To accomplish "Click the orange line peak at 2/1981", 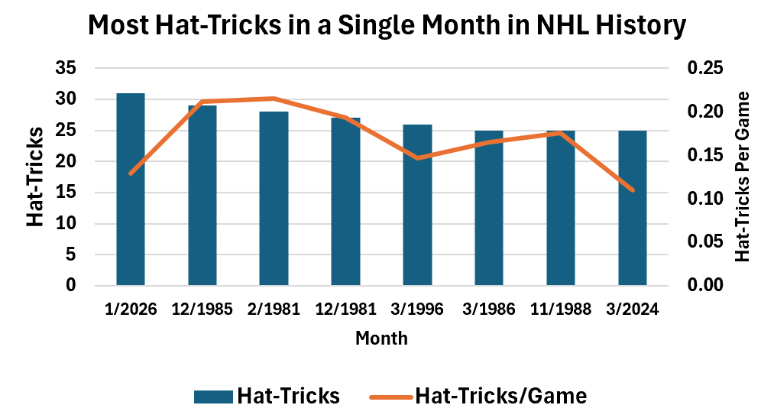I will point(274,99).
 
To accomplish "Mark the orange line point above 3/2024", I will point(633,190).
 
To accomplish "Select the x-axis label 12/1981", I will point(345,309).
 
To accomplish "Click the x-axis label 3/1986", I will point(489,309).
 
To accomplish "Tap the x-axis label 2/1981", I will point(274,309).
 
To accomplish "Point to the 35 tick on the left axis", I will point(66,68).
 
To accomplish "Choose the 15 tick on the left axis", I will point(66,193).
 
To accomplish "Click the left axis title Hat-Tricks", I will point(35,177).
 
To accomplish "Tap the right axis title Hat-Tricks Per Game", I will point(743,177).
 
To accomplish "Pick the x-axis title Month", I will point(381,339).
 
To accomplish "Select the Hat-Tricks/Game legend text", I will point(500,396).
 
